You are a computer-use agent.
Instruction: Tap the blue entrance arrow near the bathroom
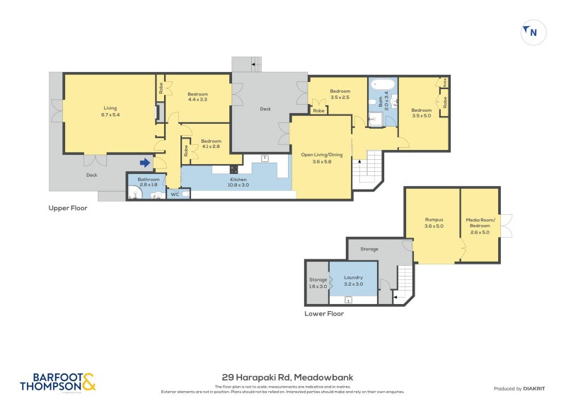tap(145, 162)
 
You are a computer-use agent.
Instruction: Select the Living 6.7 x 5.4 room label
tap(109, 111)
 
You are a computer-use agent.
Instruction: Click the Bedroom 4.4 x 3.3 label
tap(197, 97)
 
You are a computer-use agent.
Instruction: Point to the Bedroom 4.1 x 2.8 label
tap(211, 144)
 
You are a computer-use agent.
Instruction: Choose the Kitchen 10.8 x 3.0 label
tap(238, 183)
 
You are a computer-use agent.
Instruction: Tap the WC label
tap(174, 194)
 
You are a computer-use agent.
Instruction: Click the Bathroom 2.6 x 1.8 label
tap(149, 182)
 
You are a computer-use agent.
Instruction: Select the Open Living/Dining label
tap(321, 158)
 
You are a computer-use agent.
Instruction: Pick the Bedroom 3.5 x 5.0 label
tap(422, 112)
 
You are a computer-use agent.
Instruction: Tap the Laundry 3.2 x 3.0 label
tap(353, 281)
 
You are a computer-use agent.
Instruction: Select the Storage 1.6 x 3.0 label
tap(318, 283)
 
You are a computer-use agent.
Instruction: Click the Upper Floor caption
tap(68, 208)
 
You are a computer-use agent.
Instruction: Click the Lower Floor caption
tap(324, 313)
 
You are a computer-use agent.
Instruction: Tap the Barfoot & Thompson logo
tap(57, 382)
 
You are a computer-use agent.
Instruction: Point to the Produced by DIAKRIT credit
tap(521, 389)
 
